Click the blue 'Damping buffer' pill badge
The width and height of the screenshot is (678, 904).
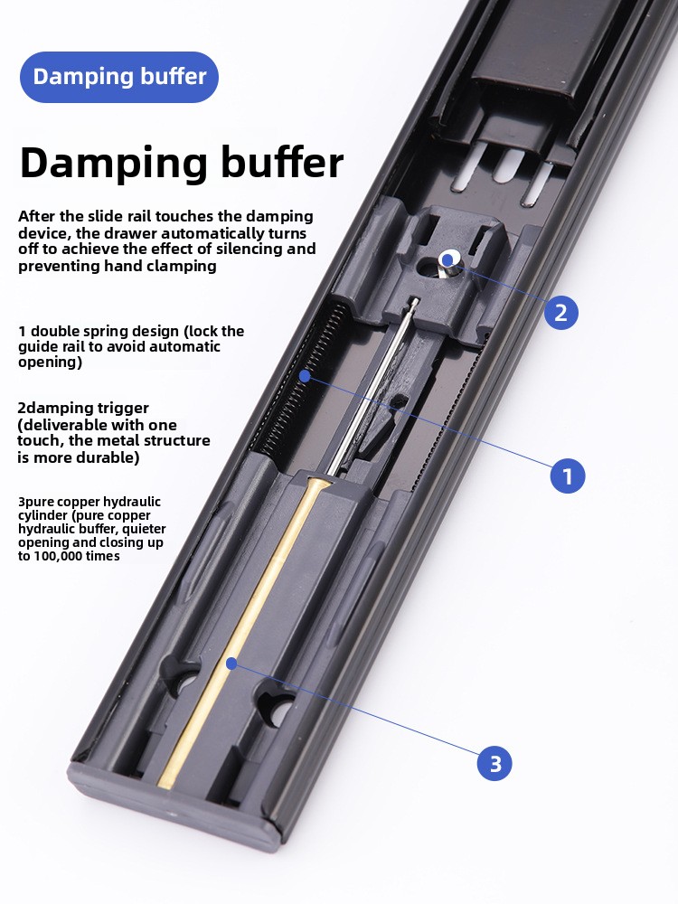point(119,77)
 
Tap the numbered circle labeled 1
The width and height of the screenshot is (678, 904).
point(568,476)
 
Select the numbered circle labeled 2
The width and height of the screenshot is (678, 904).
point(561,313)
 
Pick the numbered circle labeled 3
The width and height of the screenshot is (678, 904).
point(494,763)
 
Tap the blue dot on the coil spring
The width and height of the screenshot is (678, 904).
point(305,376)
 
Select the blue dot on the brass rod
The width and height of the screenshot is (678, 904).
point(231,663)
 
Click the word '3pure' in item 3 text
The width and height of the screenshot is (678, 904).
point(35,502)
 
